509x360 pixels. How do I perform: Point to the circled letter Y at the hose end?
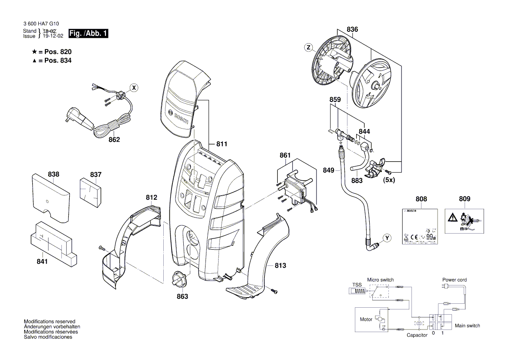tap(386, 238)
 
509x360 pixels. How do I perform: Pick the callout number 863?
tap(182, 296)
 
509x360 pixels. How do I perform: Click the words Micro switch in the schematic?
tap(380, 280)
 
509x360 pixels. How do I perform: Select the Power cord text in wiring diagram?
tap(455, 280)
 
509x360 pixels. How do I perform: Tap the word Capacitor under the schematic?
tap(417, 336)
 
